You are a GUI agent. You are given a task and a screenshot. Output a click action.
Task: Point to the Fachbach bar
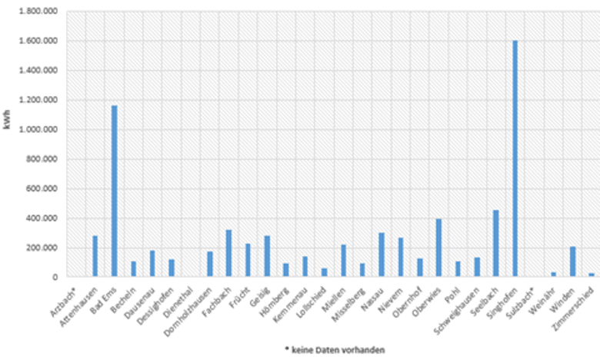tap(228, 253)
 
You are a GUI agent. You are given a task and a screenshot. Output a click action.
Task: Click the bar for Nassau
tap(381, 255)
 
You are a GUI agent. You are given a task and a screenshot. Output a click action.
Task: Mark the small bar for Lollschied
tap(324, 272)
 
